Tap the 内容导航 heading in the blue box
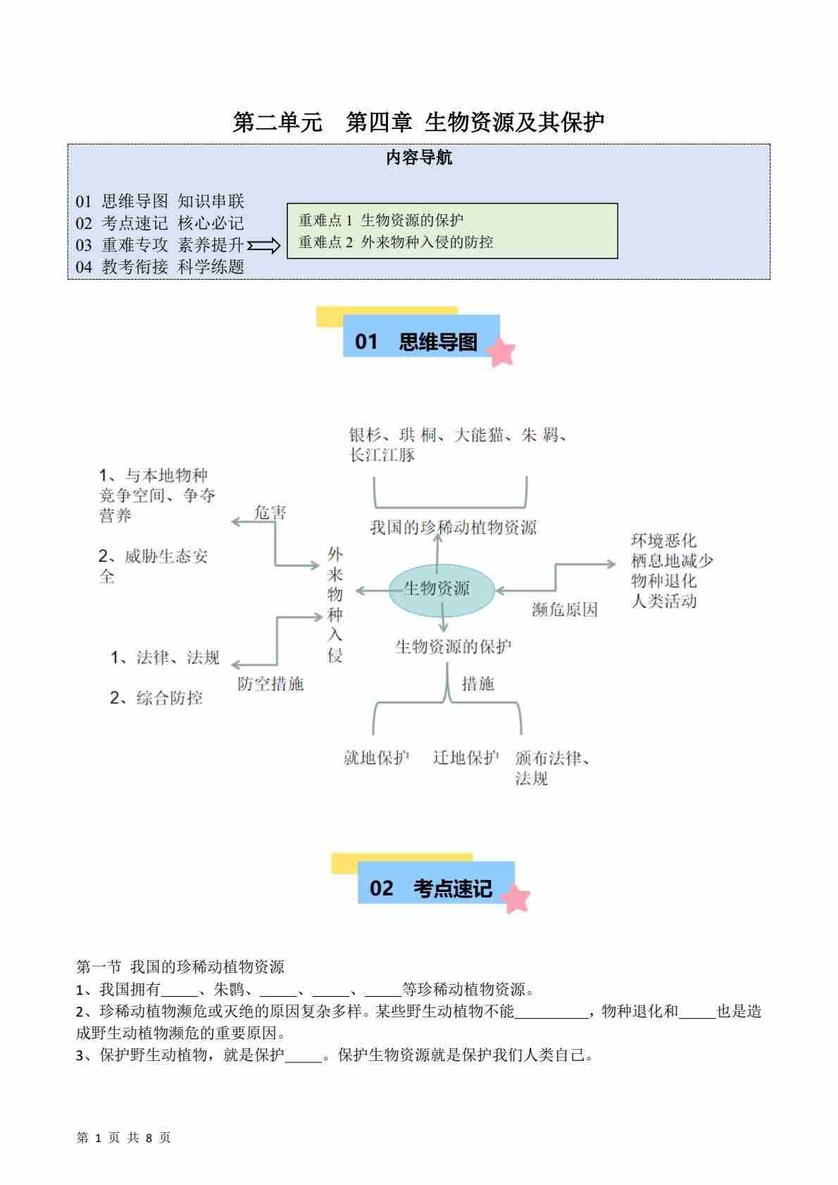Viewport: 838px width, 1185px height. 419,158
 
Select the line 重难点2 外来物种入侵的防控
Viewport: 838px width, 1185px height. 396,242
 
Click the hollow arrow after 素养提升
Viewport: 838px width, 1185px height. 265,245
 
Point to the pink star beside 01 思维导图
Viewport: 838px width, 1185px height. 502,352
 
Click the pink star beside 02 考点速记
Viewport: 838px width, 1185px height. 516,899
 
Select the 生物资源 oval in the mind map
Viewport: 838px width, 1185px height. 442,589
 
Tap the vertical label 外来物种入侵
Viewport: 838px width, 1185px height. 334,604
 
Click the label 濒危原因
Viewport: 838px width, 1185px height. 565,610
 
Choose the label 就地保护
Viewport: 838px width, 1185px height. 376,758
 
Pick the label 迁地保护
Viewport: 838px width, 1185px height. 465,758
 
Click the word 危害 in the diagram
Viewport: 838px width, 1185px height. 270,513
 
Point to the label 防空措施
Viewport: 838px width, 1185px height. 270,683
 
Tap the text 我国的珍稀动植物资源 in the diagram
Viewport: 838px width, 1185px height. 453,528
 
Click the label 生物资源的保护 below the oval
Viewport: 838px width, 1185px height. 453,646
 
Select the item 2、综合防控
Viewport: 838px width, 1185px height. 156,698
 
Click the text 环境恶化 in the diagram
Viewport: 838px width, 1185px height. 663,540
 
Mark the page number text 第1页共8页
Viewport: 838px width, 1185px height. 123,1138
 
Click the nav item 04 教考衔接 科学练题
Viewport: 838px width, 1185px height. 160,267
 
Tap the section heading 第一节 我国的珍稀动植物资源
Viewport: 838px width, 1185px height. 180,967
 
